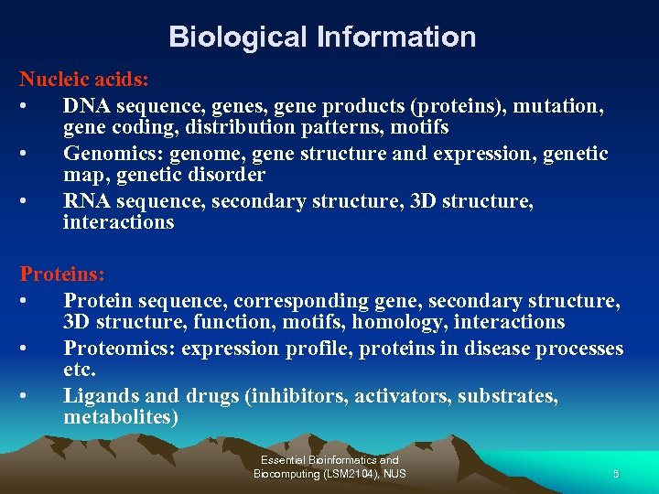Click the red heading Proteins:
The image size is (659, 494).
click(x=62, y=274)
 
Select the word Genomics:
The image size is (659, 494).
click(x=113, y=153)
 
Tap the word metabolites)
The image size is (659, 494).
click(x=121, y=418)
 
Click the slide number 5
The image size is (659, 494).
click(x=616, y=474)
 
